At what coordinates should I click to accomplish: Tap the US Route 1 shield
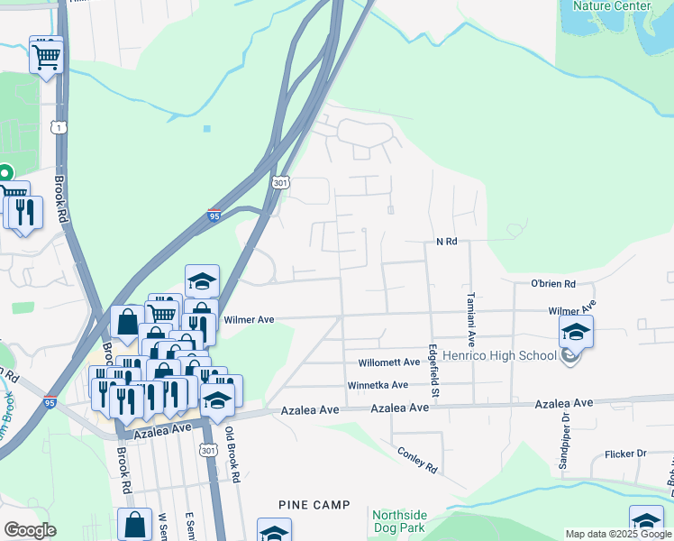pos(59,128)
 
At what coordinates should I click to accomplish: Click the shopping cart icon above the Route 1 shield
pos(47,56)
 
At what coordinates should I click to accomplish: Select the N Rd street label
pos(447,242)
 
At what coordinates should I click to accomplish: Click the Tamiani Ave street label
pos(470,319)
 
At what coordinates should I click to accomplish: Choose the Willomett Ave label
pos(389,362)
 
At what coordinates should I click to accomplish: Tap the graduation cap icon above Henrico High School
pos(576,332)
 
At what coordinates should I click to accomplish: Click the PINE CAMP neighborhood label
pos(314,505)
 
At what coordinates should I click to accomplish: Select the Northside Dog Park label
pos(400,521)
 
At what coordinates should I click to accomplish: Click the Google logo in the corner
pos(30,530)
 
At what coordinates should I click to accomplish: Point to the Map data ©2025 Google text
pos(617,534)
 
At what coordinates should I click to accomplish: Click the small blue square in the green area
pos(207,129)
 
